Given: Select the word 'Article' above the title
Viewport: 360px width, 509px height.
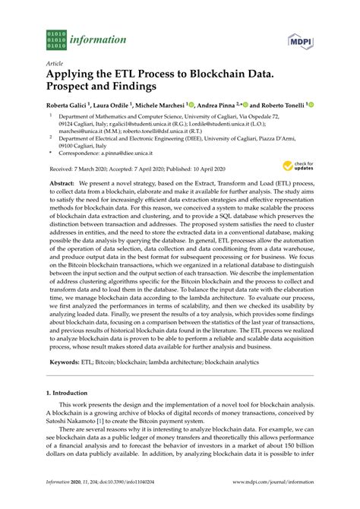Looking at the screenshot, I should click(55, 64).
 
